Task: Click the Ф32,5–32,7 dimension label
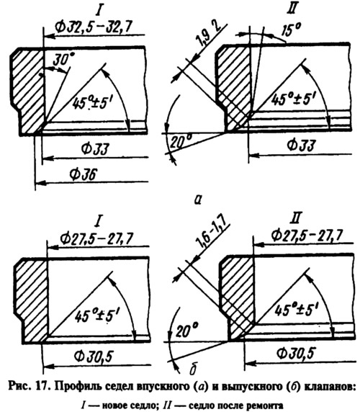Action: coord(94,26)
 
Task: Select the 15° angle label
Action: coord(291,29)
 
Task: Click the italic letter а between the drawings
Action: coord(198,200)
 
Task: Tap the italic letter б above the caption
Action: coord(193,369)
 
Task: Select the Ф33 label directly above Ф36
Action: coord(94,149)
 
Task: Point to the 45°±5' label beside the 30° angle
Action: coord(93,102)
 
